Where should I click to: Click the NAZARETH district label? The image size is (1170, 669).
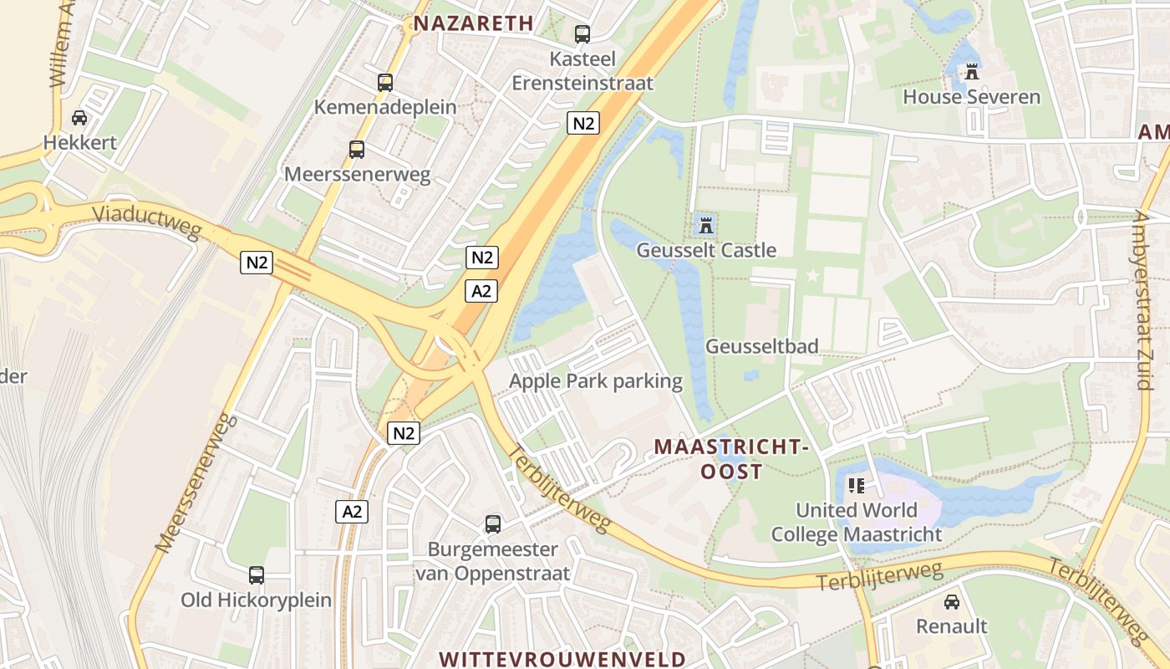(473, 23)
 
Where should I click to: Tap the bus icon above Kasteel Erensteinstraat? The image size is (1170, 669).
(582, 34)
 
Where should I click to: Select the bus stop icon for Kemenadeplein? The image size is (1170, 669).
(385, 83)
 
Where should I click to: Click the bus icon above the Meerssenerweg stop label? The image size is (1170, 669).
(357, 150)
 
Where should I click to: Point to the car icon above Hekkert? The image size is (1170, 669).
(79, 118)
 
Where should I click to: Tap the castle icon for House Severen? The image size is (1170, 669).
(971, 73)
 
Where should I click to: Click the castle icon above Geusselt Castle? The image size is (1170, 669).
(706, 224)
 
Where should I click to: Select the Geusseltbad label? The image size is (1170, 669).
(762, 346)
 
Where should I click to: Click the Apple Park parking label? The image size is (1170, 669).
(596, 382)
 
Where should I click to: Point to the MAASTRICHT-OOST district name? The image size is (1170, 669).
(731, 459)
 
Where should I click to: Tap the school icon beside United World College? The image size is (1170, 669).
(856, 485)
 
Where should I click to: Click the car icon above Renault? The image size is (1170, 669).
(951, 602)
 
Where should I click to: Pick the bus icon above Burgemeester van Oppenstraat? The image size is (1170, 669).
(493, 524)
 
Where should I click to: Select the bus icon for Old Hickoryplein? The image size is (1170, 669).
(257, 575)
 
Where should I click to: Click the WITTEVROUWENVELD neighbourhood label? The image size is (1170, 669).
(562, 659)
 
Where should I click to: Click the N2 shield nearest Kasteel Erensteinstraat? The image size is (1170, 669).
(583, 123)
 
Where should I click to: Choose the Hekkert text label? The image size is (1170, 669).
(80, 142)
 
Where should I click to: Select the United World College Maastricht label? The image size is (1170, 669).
(857, 522)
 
